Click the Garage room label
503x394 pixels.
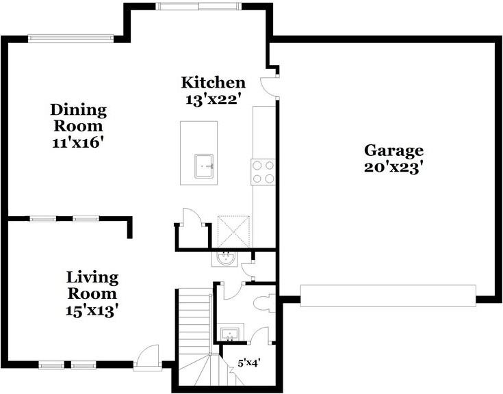coord(394,150)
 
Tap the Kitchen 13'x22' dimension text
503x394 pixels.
coord(213,100)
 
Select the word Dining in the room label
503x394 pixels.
coord(79,110)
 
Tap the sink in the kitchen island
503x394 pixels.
coord(204,166)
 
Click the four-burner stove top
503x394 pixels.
coord(263,172)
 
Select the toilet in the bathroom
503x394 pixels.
coord(264,303)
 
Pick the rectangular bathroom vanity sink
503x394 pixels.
coord(230,334)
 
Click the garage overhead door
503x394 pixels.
coord(388,295)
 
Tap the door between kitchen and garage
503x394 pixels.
coord(270,87)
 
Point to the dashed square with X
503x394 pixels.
coord(233,231)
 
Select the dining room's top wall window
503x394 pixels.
coord(70,38)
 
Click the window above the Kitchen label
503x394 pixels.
coord(198,6)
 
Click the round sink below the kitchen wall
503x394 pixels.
coord(226,259)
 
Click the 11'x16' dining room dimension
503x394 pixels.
coord(79,142)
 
